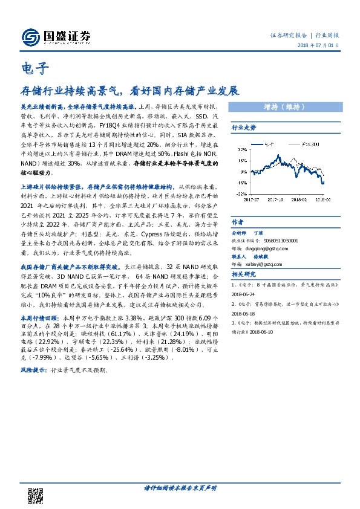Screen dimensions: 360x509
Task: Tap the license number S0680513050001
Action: point(279,240)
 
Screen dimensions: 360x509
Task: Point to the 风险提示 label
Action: point(33,368)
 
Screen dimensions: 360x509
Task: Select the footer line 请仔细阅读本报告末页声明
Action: point(180,488)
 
